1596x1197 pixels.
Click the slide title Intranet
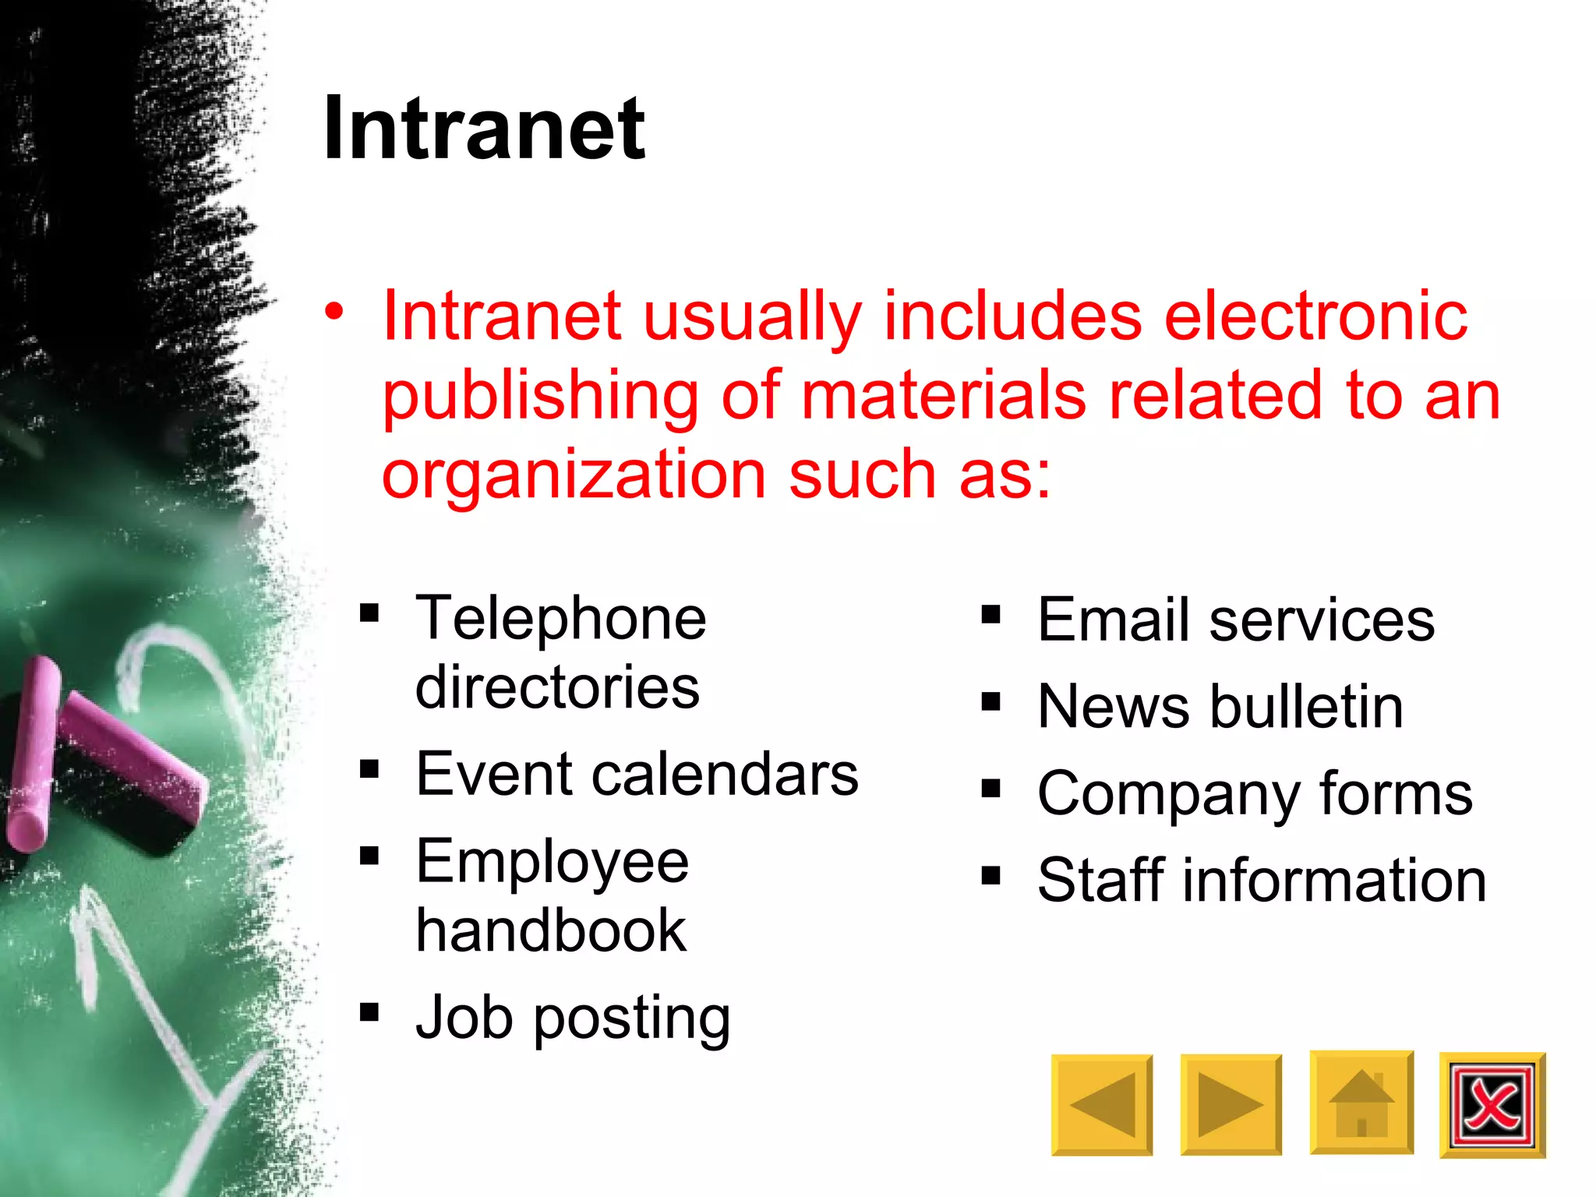tap(484, 129)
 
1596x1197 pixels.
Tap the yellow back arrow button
tap(1101, 1104)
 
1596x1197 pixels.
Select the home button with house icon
tap(1361, 1103)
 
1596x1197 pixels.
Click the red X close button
tap(1492, 1104)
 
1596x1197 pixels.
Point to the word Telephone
tap(561, 618)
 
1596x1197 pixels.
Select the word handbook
tap(551, 930)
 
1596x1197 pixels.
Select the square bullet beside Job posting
tap(369, 1012)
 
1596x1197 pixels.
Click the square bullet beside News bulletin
tap(990, 702)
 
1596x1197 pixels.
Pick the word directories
tap(557, 687)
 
